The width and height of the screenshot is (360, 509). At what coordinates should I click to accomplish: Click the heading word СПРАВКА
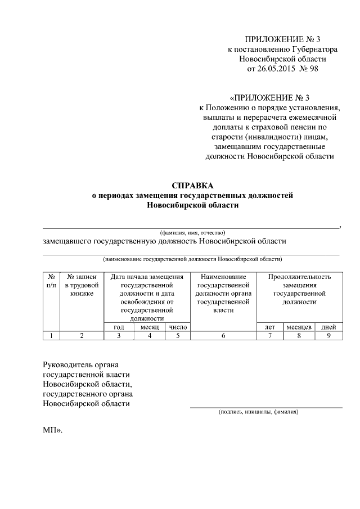(192, 185)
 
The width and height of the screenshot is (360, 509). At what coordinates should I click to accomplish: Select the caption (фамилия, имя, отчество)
(192, 232)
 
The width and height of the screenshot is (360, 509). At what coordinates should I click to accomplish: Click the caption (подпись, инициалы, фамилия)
(258, 412)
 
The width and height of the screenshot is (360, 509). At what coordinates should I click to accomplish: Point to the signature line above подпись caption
(265, 406)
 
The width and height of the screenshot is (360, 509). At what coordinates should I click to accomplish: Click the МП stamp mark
(52, 430)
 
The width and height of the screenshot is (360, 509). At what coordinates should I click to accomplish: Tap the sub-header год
(119, 327)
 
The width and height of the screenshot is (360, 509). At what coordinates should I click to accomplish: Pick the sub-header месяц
(150, 327)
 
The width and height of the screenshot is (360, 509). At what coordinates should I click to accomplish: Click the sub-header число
(178, 327)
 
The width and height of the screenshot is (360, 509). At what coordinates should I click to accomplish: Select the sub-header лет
(269, 327)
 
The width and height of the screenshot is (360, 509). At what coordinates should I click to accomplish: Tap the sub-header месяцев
(299, 327)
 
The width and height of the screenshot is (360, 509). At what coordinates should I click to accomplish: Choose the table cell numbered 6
(223, 336)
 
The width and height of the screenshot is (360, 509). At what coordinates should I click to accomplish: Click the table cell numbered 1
(51, 336)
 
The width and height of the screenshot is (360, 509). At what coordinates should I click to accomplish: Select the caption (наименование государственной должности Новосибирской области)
(192, 259)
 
